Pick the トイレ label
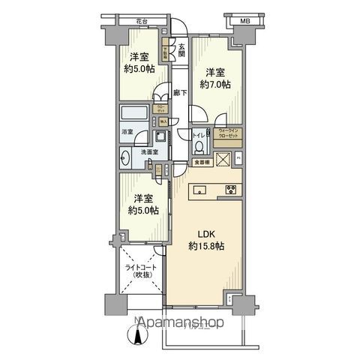[x=197, y=136]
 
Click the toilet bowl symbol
[x=199, y=150]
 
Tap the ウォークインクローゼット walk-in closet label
[x=228, y=134]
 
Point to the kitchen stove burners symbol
[x=231, y=190]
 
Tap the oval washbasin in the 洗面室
[x=126, y=158]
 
